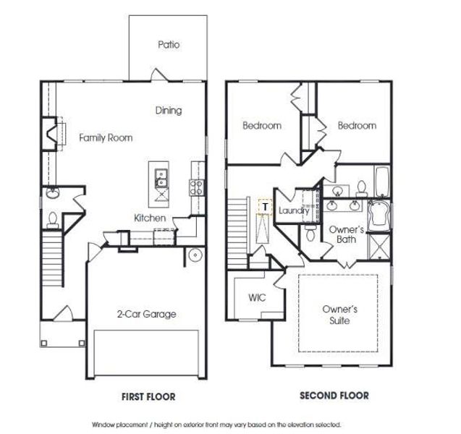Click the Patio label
(x=169, y=45)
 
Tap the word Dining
(x=168, y=111)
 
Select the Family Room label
(x=106, y=137)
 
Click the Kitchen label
(x=150, y=218)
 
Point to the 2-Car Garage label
(x=146, y=315)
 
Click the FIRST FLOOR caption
(x=148, y=396)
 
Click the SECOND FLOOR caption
(x=334, y=396)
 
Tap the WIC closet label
(x=258, y=297)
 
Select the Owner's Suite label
(x=339, y=315)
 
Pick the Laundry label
(x=294, y=210)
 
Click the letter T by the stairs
(x=266, y=207)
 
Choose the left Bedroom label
(x=261, y=126)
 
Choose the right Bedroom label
(x=357, y=126)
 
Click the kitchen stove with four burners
(x=196, y=187)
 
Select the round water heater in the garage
(x=194, y=255)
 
